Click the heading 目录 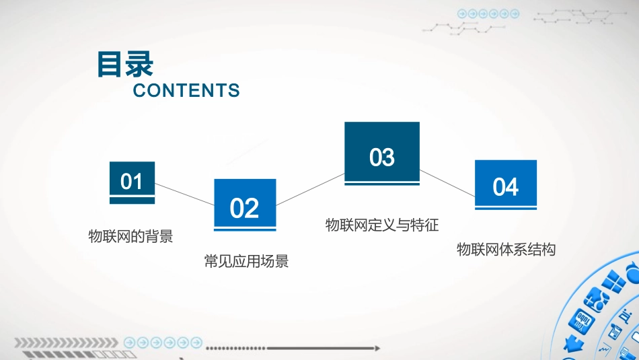pyautogui.click(x=125, y=65)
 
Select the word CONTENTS pyautogui.click(x=186, y=91)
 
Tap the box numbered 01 pyautogui.click(x=132, y=180)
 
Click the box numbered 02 pyautogui.click(x=244, y=203)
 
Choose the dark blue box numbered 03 pyautogui.click(x=381, y=151)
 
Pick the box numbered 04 pyautogui.click(x=505, y=183)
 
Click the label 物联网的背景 pyautogui.click(x=131, y=236)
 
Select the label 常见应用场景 pyautogui.click(x=246, y=261)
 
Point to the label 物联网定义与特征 pyautogui.click(x=382, y=225)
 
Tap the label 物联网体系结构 pyautogui.click(x=506, y=250)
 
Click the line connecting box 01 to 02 pyautogui.click(x=184, y=194)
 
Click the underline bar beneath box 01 pyautogui.click(x=132, y=200)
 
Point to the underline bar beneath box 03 pyautogui.click(x=381, y=184)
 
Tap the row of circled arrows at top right pyautogui.click(x=488, y=13)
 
